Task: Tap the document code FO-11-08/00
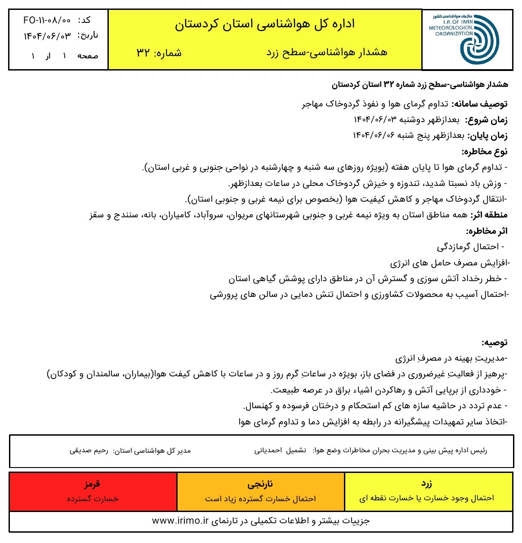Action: click(47, 21)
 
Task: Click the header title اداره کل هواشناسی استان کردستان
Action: click(265, 24)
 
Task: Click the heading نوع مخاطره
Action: click(485, 152)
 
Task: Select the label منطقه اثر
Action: click(489, 215)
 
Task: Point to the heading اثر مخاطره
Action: click(486, 231)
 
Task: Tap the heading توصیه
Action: click(495, 343)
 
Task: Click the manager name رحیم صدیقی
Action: click(89, 450)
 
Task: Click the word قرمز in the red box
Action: click(92, 484)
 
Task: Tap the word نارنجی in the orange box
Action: click(260, 484)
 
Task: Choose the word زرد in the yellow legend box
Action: click(427, 484)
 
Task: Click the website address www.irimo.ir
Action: click(180, 521)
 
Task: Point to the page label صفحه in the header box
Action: click(88, 56)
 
